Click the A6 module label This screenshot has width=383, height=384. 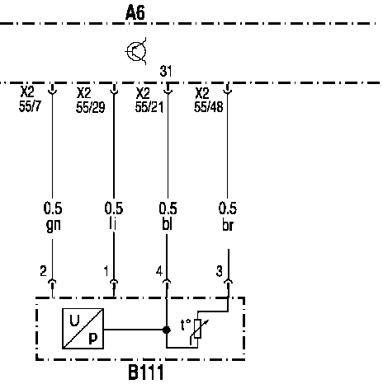click(x=135, y=12)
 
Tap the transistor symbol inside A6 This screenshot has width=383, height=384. click(x=136, y=51)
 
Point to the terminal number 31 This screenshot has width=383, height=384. click(x=166, y=71)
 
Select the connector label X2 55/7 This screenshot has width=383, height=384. click(x=30, y=99)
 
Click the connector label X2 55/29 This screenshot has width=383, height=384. click(x=91, y=100)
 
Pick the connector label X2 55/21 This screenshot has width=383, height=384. click(x=149, y=100)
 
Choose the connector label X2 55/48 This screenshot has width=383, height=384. click(x=209, y=100)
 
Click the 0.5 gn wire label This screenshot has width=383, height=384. click(x=53, y=217)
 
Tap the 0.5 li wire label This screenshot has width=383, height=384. click(x=114, y=216)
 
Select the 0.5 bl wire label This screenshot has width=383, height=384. click(x=168, y=216)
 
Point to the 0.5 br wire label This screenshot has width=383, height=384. click(x=227, y=217)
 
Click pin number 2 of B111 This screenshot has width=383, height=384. click(x=43, y=271)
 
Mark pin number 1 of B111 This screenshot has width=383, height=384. click(x=106, y=271)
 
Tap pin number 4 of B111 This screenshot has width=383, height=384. click(x=159, y=271)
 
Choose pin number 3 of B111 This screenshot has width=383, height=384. click(x=219, y=271)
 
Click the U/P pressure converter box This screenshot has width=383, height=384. click(x=83, y=329)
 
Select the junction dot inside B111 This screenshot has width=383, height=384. click(x=166, y=330)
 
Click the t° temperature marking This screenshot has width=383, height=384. click(x=186, y=325)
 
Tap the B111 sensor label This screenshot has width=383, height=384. click(x=146, y=372)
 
